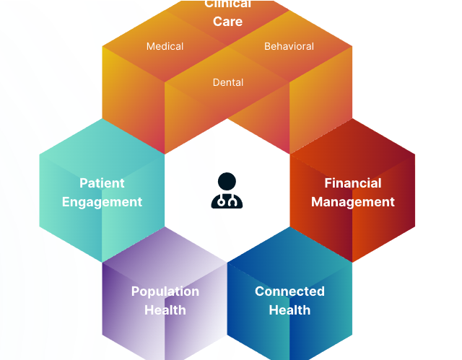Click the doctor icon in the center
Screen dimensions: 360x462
pos(227,191)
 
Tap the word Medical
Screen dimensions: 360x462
pos(165,46)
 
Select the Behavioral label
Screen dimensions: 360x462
pos(289,46)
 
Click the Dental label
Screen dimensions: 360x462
pos(227,82)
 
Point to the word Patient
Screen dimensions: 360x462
pos(102,183)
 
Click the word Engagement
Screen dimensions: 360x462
pos(102,202)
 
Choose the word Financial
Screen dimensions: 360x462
pos(353,183)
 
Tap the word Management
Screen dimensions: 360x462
pos(353,202)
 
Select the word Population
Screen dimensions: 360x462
pos(165,291)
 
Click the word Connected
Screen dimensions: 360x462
pos(289,291)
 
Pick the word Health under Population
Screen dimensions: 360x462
pos(165,310)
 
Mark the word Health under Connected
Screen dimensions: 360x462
pos(289,310)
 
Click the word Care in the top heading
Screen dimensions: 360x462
pos(227,21)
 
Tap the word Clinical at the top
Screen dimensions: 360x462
pos(227,4)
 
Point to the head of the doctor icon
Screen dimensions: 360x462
pos(227,181)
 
